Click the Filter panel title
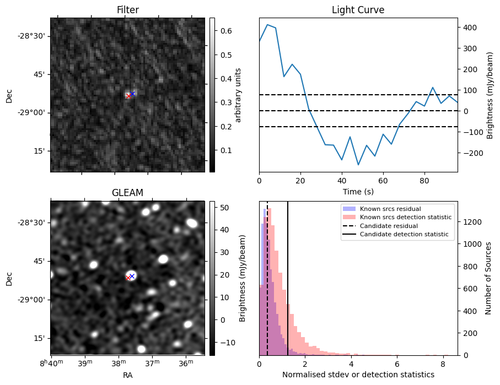coord(127,10)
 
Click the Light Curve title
coord(358,10)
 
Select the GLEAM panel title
coord(127,193)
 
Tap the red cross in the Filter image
coord(128,96)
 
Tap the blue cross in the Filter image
coord(132,94)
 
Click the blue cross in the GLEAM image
coord(132,276)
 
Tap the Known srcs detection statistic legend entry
coord(405,217)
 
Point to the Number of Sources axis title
coord(489,278)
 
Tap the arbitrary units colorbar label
coord(238,95)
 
